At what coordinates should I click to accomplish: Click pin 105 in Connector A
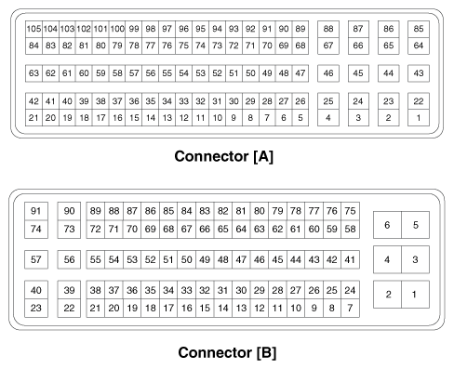pos(33,29)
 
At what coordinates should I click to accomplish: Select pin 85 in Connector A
pos(419,29)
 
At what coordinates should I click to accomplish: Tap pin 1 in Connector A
pos(419,117)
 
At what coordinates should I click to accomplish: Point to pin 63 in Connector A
pos(33,72)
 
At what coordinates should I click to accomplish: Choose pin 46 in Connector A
pos(328,72)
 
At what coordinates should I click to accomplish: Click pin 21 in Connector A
pos(33,117)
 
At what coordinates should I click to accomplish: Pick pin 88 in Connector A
pos(328,29)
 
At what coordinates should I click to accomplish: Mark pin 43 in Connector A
pos(419,72)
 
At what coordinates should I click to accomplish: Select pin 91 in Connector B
pos(37,211)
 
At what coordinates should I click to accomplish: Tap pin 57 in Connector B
pos(37,259)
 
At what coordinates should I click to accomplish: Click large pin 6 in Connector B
pos(387,225)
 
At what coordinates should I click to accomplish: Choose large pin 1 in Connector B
pos(416,295)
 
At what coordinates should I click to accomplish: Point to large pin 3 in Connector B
pos(416,260)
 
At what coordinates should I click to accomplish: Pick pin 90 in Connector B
pos(69,211)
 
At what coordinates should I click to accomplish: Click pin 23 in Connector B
pos(37,307)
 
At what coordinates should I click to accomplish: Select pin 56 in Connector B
pos(69,259)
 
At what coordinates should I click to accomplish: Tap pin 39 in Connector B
pos(69,291)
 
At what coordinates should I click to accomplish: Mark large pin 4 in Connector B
pos(387,260)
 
